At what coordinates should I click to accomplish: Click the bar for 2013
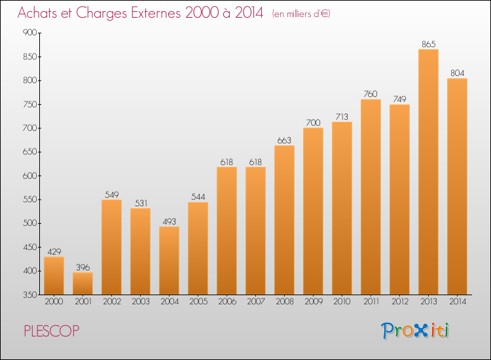tap(428, 171)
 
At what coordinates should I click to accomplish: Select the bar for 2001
tap(82, 283)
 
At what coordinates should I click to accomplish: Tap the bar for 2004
tap(169, 260)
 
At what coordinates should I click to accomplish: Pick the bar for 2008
tap(284, 219)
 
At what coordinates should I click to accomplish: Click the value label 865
tap(428, 44)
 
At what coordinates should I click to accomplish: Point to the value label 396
tap(82, 267)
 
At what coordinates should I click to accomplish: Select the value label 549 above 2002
tap(111, 194)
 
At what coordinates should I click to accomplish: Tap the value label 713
tap(342, 117)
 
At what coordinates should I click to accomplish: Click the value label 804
tap(457, 73)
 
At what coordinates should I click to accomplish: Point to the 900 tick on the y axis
tap(28, 33)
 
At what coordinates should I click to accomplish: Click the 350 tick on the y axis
tap(28, 295)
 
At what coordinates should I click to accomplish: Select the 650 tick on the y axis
tap(28, 152)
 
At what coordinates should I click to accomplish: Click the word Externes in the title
tap(147, 13)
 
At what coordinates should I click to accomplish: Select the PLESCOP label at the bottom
tap(52, 331)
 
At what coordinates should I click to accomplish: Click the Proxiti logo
tap(415, 331)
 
